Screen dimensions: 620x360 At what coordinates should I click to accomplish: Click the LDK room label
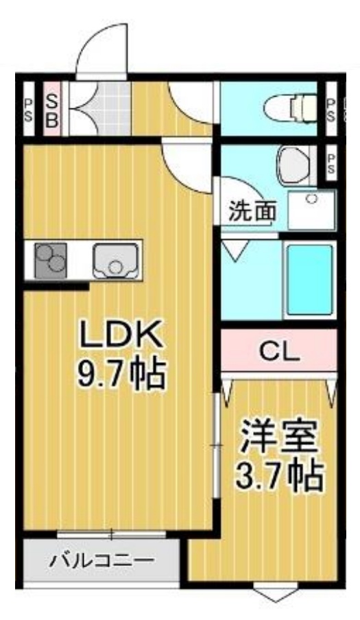(121, 335)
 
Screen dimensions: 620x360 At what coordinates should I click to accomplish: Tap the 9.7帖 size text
(121, 373)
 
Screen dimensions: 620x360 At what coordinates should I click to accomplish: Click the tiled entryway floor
(99, 108)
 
